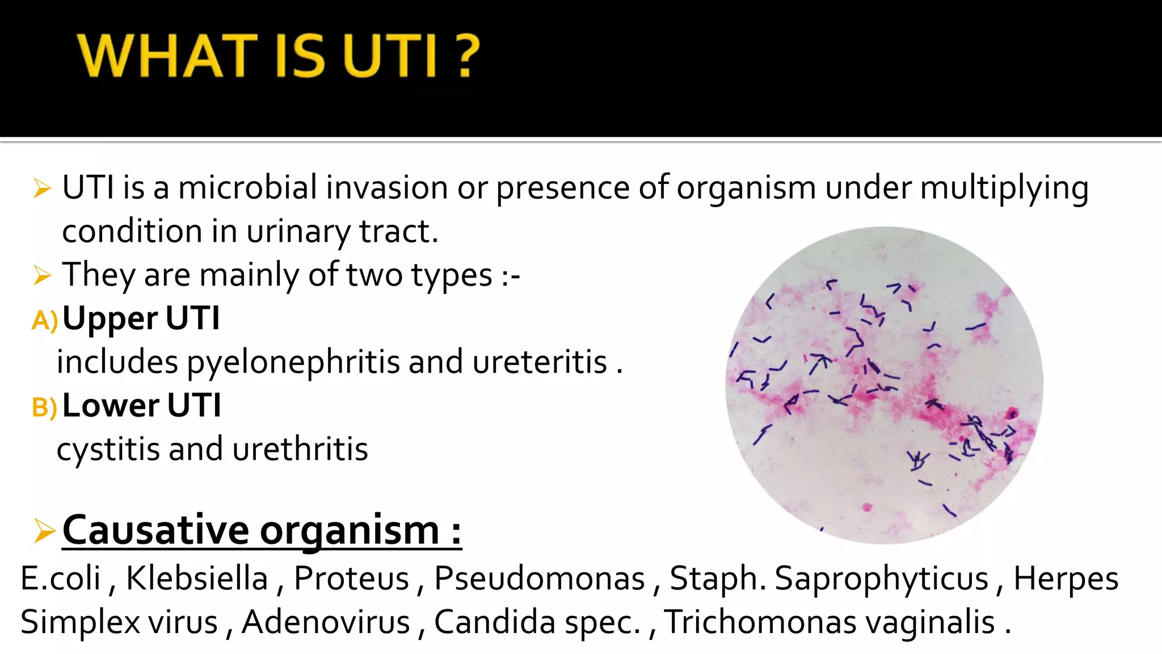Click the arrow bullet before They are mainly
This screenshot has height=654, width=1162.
43,276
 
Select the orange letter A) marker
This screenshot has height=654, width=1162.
44,321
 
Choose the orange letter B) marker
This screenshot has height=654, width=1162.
44,408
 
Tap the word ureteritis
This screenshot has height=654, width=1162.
540,362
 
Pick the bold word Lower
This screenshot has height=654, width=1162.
111,405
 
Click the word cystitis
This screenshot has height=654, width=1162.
108,450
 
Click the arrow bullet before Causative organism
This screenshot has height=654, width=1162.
44,531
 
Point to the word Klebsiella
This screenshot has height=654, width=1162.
196,578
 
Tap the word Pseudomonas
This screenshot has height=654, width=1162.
539,578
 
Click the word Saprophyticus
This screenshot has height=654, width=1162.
881,580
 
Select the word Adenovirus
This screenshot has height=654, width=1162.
326,622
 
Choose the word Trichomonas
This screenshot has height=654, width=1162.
760,622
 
